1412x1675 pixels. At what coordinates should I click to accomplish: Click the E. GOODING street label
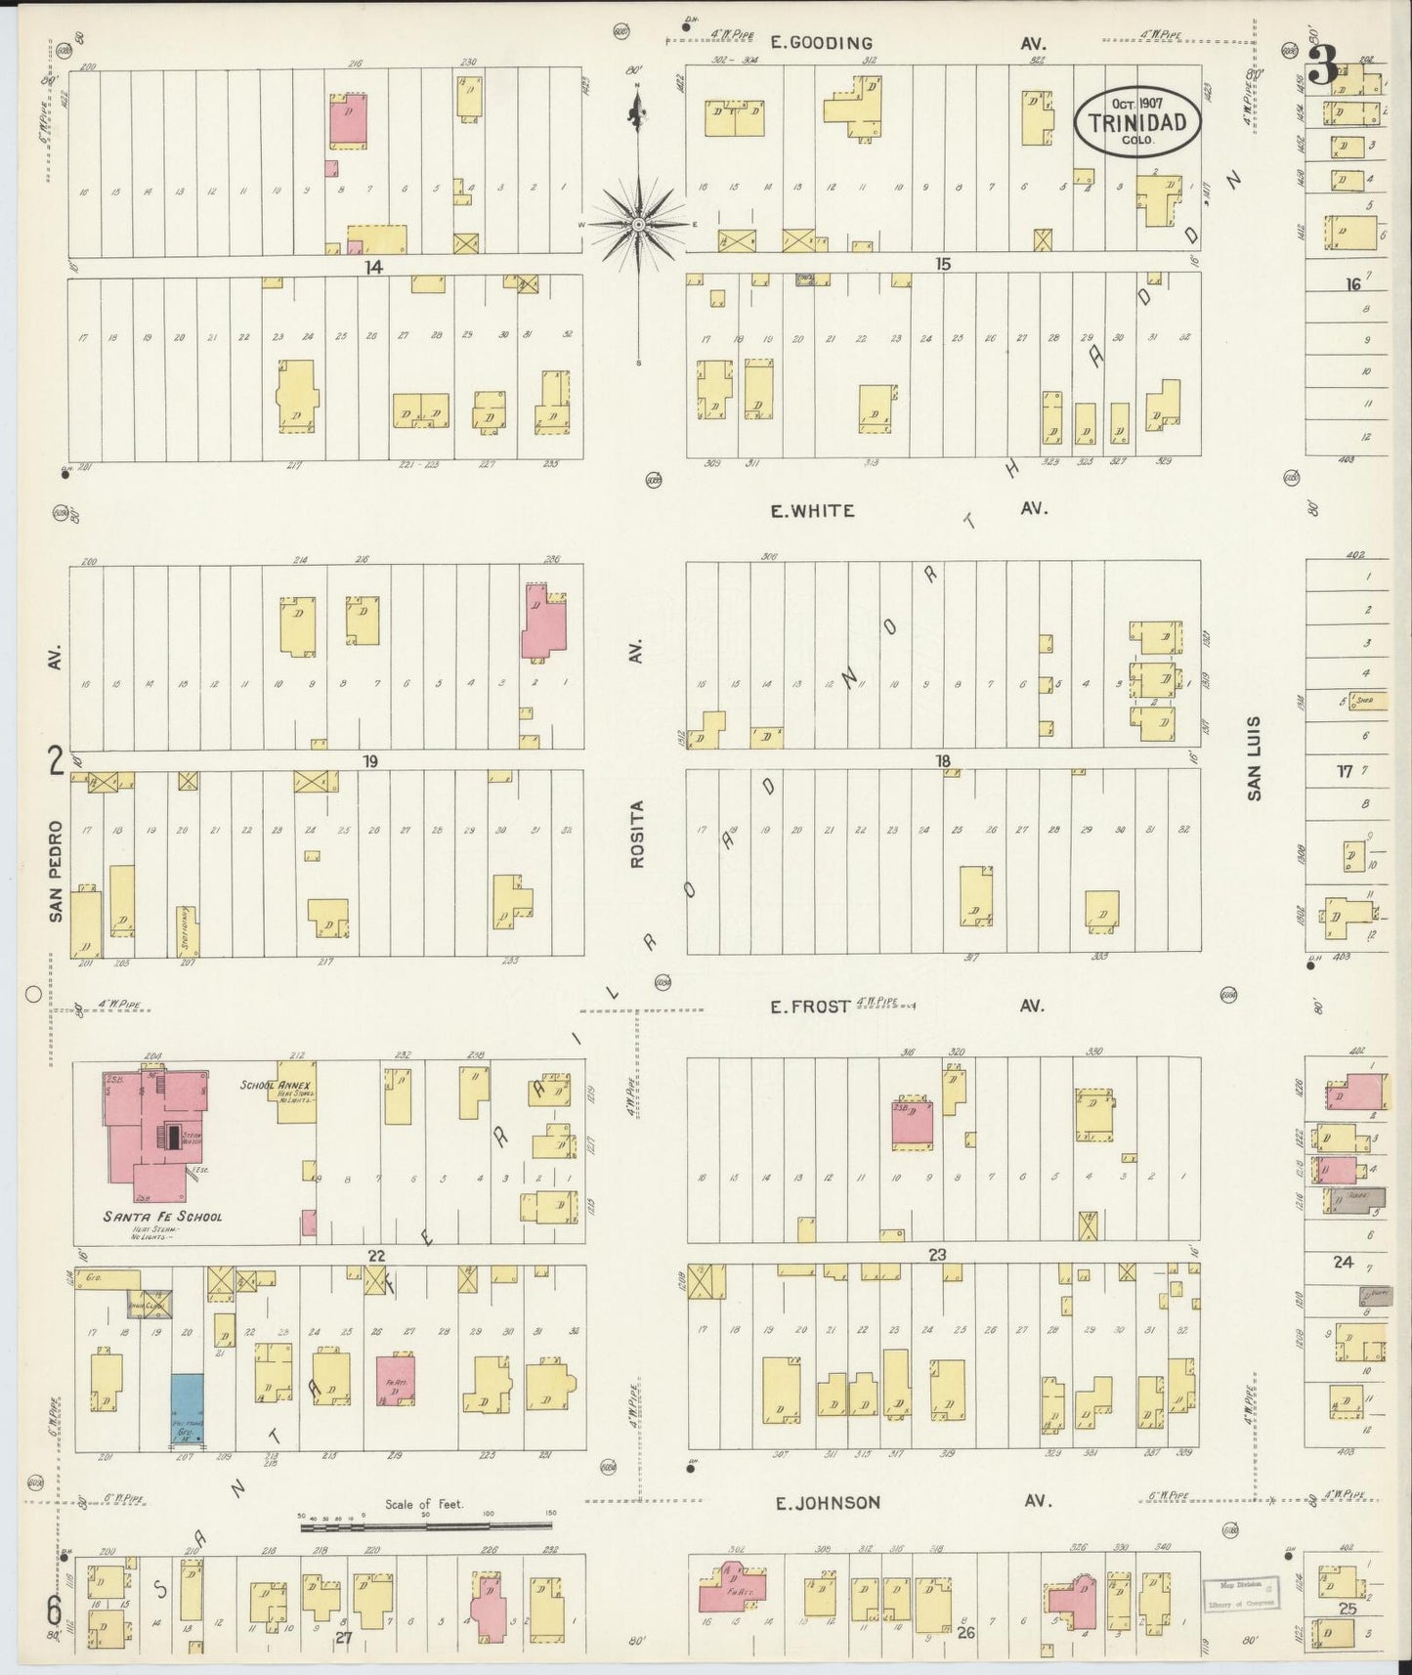(x=820, y=43)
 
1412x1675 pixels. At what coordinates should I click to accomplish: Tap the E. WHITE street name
(x=811, y=510)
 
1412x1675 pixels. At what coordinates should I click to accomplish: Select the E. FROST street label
(x=810, y=1006)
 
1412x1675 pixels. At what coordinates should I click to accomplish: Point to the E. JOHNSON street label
(x=828, y=1503)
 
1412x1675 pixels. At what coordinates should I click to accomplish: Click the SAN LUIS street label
(x=1254, y=758)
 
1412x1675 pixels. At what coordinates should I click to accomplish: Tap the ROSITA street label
(x=637, y=835)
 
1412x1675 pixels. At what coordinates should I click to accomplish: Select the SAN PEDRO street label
(x=56, y=871)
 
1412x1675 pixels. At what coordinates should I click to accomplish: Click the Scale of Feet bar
(x=426, y=1523)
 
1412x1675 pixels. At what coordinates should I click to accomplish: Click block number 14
(x=373, y=266)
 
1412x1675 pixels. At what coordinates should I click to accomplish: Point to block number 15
(x=942, y=264)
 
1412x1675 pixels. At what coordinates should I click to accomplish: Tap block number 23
(x=937, y=1255)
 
